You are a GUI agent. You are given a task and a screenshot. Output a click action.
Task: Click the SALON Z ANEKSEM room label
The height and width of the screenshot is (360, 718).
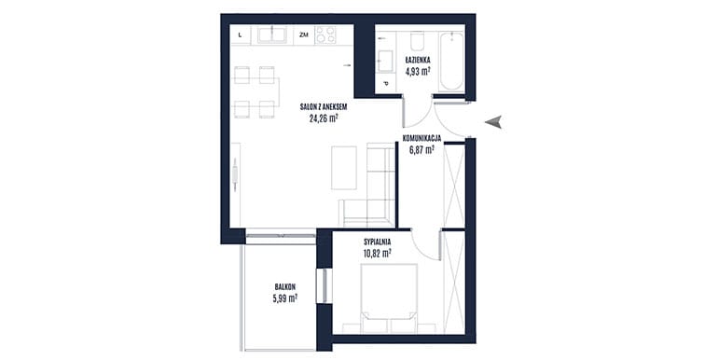tap(324, 107)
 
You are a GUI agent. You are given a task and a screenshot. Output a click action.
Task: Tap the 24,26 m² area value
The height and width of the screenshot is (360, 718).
tap(324, 118)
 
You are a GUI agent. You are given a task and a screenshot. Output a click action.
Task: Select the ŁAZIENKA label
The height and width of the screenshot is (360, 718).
tap(418, 60)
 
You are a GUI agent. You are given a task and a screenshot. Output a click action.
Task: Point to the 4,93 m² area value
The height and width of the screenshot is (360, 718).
tap(418, 71)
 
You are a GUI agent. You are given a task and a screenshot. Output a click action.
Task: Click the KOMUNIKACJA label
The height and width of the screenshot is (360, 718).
tap(421, 138)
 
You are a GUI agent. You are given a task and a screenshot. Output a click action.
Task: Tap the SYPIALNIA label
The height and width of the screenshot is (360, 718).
tap(378, 242)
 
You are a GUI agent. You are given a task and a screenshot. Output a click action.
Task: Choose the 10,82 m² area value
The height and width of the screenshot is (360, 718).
tap(378, 253)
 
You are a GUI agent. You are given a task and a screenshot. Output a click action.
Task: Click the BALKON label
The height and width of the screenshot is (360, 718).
tap(284, 286)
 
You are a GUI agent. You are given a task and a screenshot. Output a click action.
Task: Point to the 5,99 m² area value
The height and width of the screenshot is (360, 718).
tap(284, 298)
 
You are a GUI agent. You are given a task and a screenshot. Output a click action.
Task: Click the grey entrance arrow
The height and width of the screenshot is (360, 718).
tap(493, 122)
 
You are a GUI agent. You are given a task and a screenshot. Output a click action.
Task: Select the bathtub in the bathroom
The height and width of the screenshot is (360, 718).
tap(451, 61)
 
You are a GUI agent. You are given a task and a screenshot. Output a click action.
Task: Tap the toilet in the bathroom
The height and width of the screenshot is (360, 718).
tap(417, 41)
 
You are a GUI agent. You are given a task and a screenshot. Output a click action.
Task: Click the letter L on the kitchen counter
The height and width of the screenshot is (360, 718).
tap(241, 35)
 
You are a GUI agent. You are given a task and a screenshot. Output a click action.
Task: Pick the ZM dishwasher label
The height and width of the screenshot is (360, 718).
tap(304, 35)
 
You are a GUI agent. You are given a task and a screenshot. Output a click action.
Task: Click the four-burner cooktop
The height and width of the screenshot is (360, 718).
tap(325, 35)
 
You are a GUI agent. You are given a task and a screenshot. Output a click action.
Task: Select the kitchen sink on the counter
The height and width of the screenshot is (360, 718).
tap(272, 35)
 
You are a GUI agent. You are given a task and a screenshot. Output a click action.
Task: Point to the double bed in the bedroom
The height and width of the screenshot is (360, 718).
tap(389, 298)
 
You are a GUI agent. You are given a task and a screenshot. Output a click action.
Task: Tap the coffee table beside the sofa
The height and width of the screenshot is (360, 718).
tap(344, 168)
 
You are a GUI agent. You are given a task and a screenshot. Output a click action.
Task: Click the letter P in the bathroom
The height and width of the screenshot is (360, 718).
tap(385, 84)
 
